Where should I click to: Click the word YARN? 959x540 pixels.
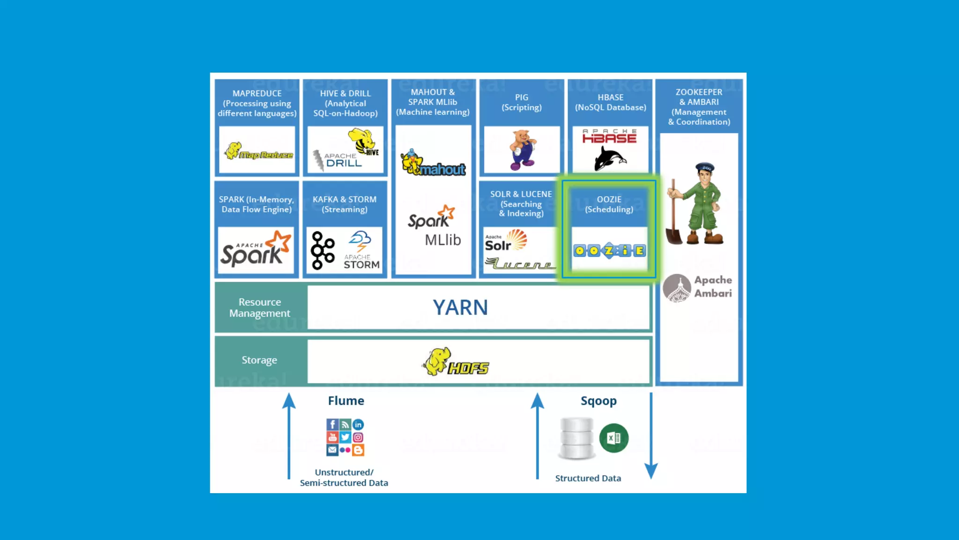460,307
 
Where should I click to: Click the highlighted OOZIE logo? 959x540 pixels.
609,251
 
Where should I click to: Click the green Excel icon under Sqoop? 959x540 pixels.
613,438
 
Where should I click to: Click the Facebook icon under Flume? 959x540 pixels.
332,425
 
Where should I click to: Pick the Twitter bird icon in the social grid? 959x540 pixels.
345,437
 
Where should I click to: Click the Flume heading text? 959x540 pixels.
346,401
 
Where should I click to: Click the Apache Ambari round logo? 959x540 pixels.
677,287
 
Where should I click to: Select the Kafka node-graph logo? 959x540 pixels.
323,250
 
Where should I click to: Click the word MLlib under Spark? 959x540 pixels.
443,240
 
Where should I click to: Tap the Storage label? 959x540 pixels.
259,360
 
